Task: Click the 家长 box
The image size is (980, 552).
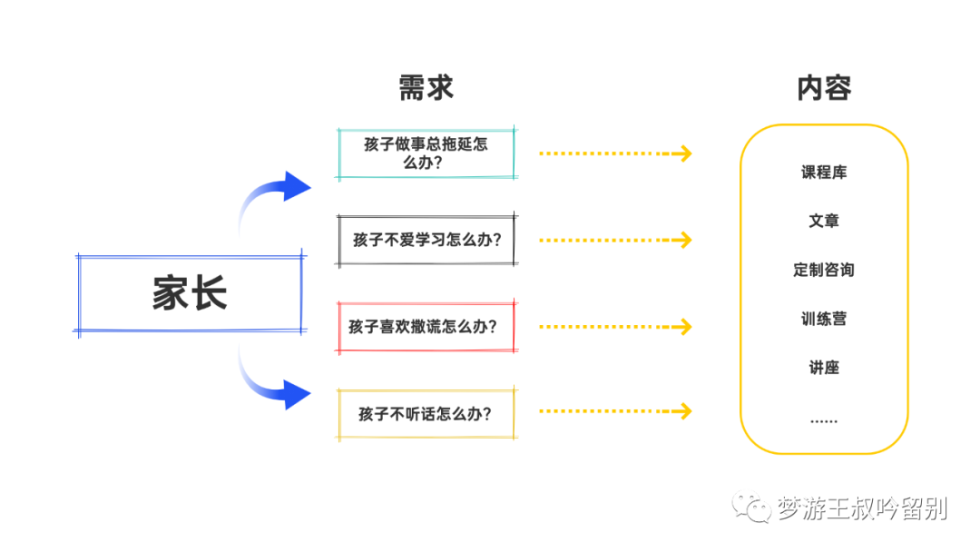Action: point(190,294)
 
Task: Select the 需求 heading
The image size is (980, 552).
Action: point(426,88)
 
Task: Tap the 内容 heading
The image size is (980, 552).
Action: point(824,88)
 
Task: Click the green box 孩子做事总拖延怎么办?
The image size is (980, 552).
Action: point(426,153)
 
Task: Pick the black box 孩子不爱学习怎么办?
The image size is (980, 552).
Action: point(426,240)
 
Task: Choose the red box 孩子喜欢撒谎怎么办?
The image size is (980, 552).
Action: point(426,326)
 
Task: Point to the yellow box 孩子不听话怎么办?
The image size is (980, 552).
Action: point(426,414)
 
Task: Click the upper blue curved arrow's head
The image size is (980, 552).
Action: point(296,186)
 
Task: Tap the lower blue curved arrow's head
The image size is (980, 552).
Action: point(296,394)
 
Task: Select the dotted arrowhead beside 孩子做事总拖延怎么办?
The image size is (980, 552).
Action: point(683,153)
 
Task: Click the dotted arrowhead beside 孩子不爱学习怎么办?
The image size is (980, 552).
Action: point(683,240)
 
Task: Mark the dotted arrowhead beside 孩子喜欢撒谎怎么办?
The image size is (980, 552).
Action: point(683,326)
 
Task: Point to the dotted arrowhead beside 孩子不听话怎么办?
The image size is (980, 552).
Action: point(683,411)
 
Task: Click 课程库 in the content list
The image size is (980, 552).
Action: point(824,172)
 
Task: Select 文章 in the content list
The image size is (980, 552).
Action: point(824,221)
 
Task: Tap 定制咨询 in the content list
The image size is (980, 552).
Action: point(824,270)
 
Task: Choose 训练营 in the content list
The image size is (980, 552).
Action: point(824,319)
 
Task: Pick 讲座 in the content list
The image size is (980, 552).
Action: point(824,368)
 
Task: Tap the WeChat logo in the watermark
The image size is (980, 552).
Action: point(751,508)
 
